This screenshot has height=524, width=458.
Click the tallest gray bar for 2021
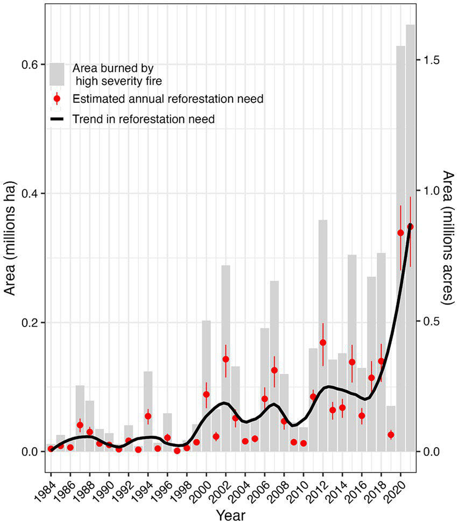[410, 237]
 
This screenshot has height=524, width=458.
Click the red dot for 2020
[400, 232]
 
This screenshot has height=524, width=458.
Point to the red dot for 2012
[323, 342]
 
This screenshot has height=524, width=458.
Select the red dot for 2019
[391, 435]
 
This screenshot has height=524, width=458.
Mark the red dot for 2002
[226, 359]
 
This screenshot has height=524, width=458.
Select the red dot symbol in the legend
[57, 99]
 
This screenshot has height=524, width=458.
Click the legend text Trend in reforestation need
[144, 119]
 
